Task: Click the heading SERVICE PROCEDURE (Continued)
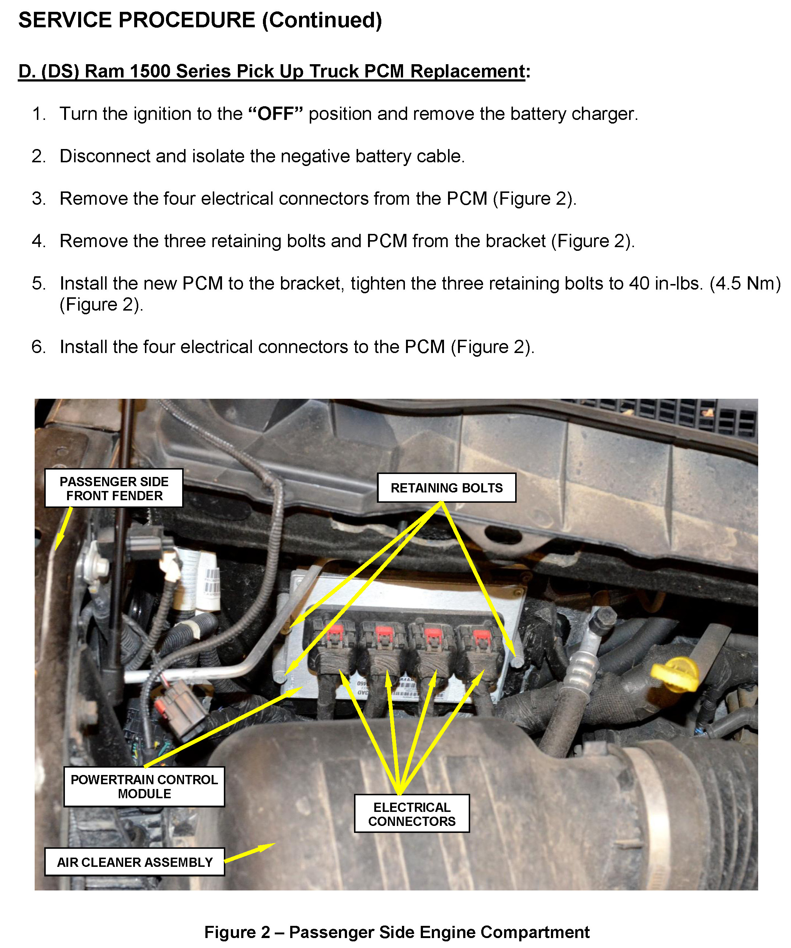click(200, 21)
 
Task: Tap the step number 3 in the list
click(39, 198)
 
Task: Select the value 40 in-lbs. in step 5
click(666, 284)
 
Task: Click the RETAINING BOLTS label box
click(446, 488)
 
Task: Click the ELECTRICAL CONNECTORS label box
click(412, 814)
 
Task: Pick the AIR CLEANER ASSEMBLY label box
click(135, 862)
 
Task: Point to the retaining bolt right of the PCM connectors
click(518, 661)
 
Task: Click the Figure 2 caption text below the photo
click(397, 932)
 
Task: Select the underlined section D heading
click(274, 71)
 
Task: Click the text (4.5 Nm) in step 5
click(745, 284)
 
